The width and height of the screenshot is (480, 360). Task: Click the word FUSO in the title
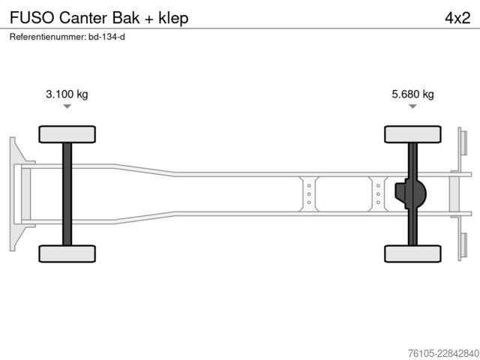pos(32,18)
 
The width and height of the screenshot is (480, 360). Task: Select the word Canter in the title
pos(83,18)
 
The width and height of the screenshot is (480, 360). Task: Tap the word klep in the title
pos(173,18)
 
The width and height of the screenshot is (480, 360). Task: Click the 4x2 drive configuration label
pos(457,18)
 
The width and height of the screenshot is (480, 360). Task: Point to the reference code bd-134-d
pos(106,37)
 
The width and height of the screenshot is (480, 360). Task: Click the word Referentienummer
pos(48,37)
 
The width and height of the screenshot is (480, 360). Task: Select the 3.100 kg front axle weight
pos(67,94)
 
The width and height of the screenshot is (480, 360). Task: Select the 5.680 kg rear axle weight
pos(412,94)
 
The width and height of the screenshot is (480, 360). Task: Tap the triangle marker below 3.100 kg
pos(67,106)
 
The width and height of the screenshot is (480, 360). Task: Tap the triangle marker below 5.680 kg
pos(413,106)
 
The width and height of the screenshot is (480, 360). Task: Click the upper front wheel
pos(67,134)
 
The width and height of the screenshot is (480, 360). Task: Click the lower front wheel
pos(67,253)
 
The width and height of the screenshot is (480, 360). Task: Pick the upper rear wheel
pos(412,134)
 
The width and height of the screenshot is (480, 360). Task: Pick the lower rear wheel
pos(412,253)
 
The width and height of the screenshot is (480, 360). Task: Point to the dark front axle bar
pos(67,194)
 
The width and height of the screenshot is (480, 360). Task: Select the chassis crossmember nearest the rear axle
pos(378,194)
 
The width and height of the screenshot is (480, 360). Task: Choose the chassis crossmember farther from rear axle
pos(309,194)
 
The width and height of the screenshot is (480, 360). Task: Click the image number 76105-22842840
pos(444,353)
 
